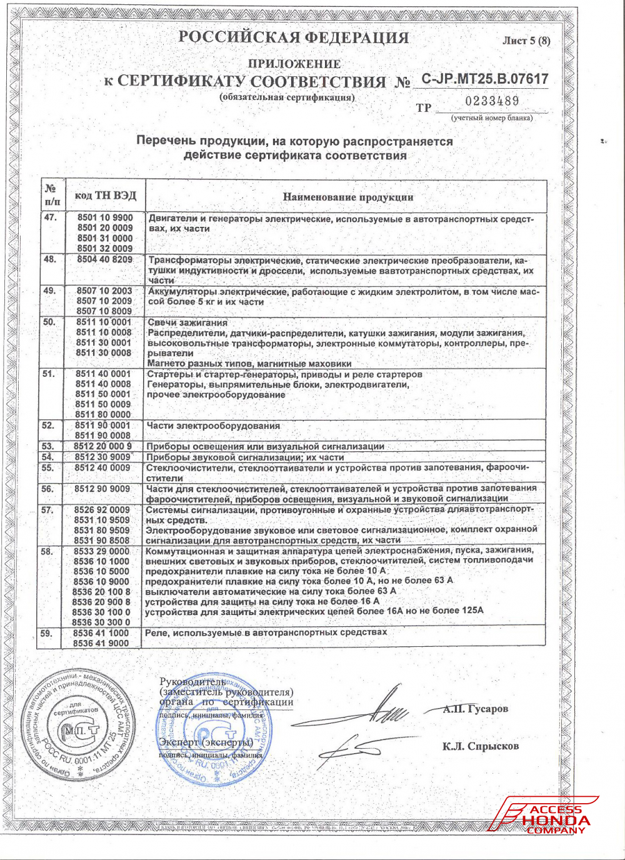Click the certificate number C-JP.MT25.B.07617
484,79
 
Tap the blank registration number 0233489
492,101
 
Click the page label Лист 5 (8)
526,41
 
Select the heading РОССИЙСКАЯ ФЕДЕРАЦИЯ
294,37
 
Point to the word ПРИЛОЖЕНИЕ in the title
294,64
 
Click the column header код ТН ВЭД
105,196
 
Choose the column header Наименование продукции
347,197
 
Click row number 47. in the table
51,217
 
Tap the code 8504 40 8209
105,259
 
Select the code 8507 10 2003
104,291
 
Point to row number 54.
48,457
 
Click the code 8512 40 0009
102,467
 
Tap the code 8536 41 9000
101,642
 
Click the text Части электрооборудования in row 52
213,426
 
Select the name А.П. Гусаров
475,709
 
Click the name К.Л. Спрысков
480,746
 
